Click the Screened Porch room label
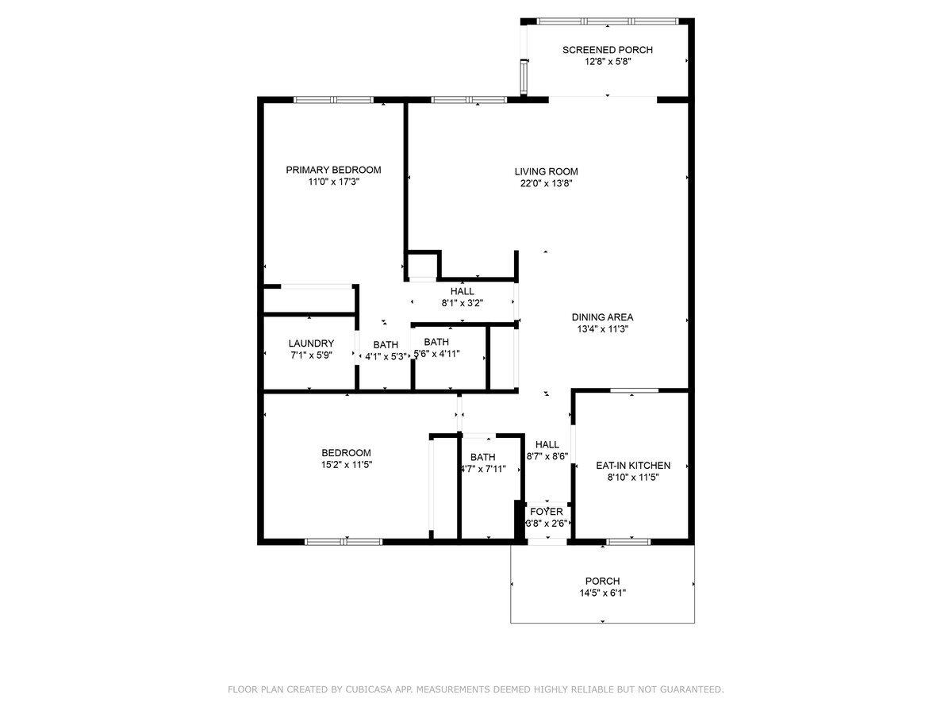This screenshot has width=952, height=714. coord(607,50)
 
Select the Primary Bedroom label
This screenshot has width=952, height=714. coord(333,170)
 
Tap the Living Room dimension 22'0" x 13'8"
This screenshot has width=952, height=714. coord(546,183)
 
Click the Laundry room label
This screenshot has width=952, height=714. coord(311,344)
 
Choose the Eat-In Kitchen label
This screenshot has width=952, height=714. coord(633,466)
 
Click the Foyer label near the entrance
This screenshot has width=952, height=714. coord(546,512)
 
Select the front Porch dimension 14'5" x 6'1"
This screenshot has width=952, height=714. coord(602,593)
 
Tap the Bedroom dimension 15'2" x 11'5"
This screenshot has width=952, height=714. coord(346,465)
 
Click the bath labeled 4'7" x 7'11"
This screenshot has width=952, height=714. coord(482,468)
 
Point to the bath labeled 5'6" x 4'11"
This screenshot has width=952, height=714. coord(436,354)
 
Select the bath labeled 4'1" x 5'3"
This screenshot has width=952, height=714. coord(386,357)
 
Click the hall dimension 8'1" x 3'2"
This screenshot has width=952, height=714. coord(462,303)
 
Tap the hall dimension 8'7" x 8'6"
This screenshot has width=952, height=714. coord(547,456)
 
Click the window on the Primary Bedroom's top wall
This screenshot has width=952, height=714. coord(333,100)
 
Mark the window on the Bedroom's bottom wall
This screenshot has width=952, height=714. coord(344,542)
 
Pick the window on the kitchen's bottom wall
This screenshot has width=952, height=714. coord(628,542)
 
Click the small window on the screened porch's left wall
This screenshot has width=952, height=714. coord(524,76)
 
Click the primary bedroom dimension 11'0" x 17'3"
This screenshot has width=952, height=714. coord(333,182)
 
